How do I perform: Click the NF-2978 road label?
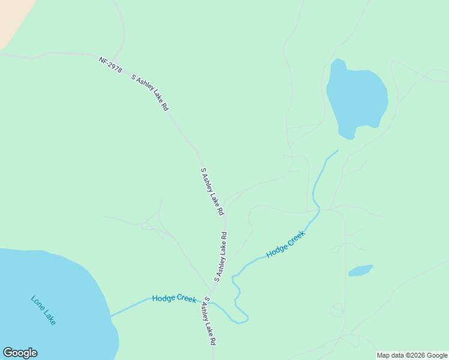[x=110, y=65]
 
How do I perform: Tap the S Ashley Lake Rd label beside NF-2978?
[x=150, y=93]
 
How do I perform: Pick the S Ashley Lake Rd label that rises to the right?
[x=221, y=257]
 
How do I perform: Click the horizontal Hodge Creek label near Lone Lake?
[x=174, y=299]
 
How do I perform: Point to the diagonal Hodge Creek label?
[x=286, y=244]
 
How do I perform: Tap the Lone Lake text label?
[x=43, y=310]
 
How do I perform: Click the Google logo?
[x=20, y=353]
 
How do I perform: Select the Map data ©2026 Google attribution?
[x=412, y=355]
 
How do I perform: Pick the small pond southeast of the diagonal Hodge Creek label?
[x=360, y=271]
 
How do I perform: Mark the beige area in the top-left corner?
[x=8, y=18]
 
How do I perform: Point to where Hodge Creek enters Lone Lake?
[x=110, y=315]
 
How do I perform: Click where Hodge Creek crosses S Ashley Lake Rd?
[x=211, y=302]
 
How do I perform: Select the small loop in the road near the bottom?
[x=337, y=310]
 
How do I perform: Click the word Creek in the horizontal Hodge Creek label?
[x=185, y=299]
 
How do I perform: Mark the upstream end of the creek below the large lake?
[x=337, y=151]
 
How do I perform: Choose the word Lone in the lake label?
[x=37, y=304]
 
